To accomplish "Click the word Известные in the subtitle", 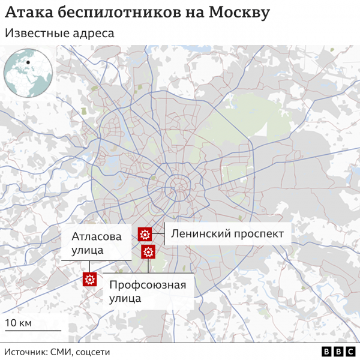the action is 34,34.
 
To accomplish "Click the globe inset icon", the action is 28,73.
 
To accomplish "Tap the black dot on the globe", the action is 28,62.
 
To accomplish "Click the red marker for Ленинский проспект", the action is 145,234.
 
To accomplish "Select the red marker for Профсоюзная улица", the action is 148,252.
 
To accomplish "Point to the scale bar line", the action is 33,331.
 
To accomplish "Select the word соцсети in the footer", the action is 92,352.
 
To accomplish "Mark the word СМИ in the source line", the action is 63,352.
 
